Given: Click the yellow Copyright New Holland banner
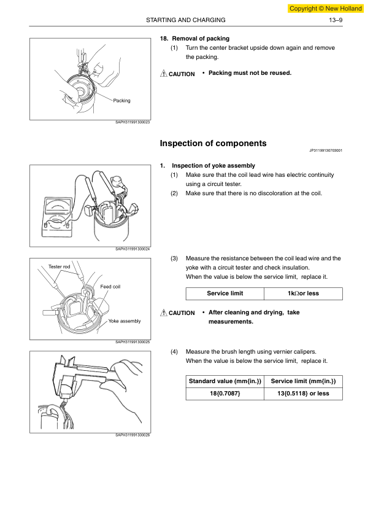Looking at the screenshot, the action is point(326,9).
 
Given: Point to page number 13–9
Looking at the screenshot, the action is point(336,20).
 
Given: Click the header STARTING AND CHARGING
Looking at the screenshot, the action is point(186,20).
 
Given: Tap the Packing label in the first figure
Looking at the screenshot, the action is point(121,101).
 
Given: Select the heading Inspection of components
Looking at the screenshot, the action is point(213,144).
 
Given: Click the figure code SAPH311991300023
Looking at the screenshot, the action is point(133,122).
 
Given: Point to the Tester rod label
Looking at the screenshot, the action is point(60,266).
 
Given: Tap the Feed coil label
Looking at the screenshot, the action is point(110,287).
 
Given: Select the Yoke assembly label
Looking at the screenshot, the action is point(125,321).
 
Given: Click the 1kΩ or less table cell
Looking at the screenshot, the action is point(303,293).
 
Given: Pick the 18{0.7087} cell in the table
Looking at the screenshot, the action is point(225,394).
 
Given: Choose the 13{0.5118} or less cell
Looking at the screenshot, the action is point(303,394).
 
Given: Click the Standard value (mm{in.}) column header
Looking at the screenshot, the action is point(225,381).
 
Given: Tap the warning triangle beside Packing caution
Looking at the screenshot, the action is point(163,74).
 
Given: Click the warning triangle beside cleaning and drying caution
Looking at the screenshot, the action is point(163,313).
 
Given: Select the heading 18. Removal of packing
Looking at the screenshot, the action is point(194,39).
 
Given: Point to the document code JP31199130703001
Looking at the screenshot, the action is point(326,150).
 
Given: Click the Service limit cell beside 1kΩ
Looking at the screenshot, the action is point(225,293).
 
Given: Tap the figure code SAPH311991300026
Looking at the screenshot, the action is point(133,435).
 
